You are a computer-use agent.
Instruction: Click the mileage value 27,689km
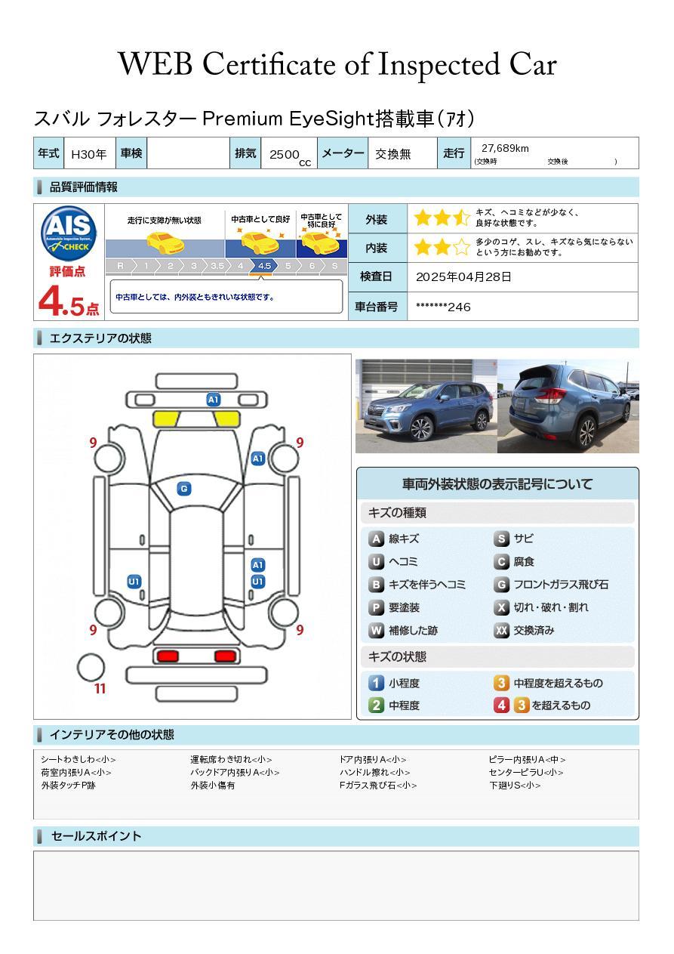pyautogui.click(x=505, y=148)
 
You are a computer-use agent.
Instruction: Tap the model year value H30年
pyautogui.click(x=89, y=154)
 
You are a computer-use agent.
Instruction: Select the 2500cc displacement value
pyautogui.click(x=286, y=154)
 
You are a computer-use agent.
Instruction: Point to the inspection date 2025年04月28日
pyautogui.click(x=463, y=277)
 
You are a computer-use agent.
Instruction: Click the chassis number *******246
pyautogui.click(x=443, y=307)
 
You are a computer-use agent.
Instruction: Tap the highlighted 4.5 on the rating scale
pyautogui.click(x=264, y=266)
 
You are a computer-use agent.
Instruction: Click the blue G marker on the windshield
pyautogui.click(x=183, y=489)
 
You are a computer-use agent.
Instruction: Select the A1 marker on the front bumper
pyautogui.click(x=214, y=400)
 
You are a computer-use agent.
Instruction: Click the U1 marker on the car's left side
pyautogui.click(x=134, y=582)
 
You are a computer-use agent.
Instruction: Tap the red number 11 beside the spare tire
pyautogui.click(x=100, y=689)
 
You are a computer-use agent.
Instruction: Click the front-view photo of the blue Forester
pyautogui.click(x=426, y=406)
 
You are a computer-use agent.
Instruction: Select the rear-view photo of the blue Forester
pyautogui.click(x=568, y=406)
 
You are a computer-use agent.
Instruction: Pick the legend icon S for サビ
pyautogui.click(x=501, y=539)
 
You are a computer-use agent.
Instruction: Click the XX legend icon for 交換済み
pyautogui.click(x=501, y=631)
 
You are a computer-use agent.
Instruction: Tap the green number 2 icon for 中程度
pyautogui.click(x=376, y=705)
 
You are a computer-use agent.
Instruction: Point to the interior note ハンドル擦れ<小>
pyautogui.click(x=375, y=773)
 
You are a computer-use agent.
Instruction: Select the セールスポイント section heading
pyautogui.click(x=96, y=836)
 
